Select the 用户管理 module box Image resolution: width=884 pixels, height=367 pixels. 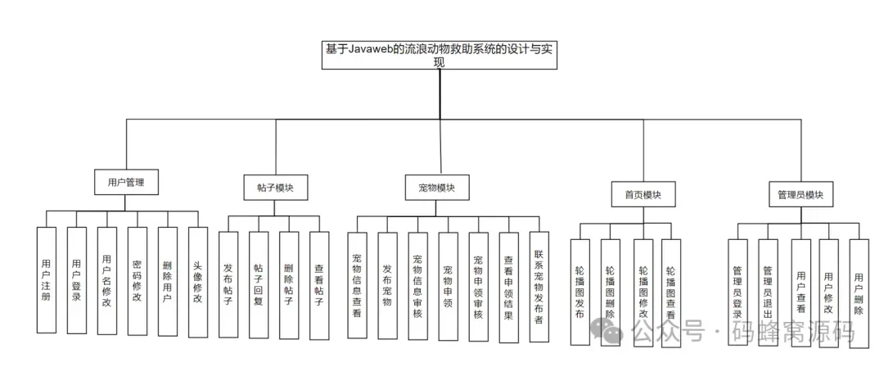125,182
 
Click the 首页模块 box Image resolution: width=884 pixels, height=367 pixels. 643,195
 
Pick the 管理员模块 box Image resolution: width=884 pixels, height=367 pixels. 800,195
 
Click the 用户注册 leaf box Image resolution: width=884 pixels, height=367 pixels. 47,280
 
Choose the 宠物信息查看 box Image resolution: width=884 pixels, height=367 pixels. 357,284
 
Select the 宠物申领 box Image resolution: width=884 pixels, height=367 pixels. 448,284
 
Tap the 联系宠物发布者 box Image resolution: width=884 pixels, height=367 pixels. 539,284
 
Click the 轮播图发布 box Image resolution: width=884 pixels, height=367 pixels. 580,292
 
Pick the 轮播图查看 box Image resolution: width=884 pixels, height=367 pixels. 671,292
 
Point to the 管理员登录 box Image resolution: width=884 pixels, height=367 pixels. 737,292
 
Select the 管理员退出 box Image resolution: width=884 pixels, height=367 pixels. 768,292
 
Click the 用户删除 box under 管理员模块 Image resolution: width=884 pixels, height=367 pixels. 858,292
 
